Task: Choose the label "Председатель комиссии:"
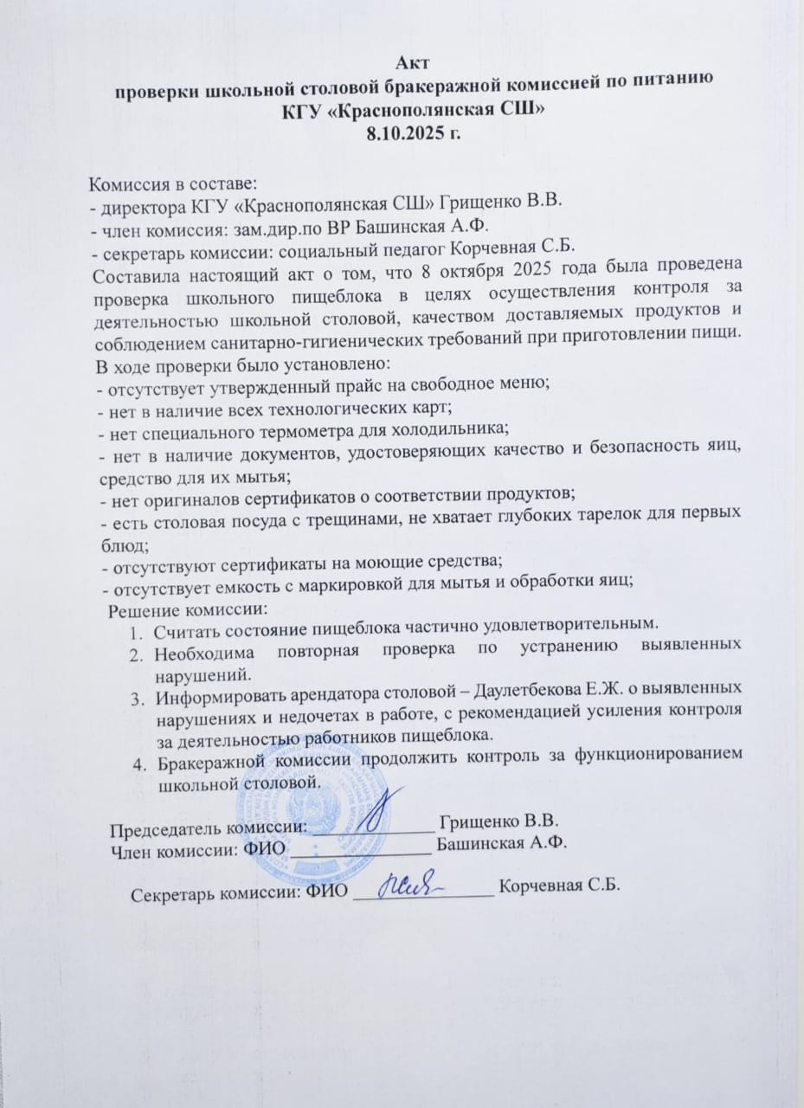[209, 827]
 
